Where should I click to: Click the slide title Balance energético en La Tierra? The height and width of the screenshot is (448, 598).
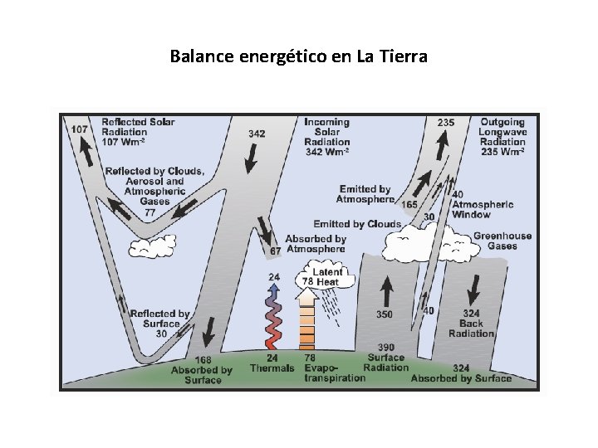point(298,57)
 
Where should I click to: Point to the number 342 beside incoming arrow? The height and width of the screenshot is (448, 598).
point(257,134)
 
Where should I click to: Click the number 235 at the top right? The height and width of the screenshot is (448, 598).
point(446,123)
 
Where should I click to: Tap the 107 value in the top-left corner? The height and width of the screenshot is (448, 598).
point(80,129)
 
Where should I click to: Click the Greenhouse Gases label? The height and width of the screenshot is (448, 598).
point(502,241)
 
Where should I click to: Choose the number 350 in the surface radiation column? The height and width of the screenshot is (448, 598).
point(385,315)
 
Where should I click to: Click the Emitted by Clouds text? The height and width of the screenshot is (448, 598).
point(356,224)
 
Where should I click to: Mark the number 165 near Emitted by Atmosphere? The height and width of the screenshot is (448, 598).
point(409,204)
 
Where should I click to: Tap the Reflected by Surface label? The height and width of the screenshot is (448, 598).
point(159,324)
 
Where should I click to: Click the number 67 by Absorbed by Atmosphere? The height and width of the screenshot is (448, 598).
point(276,251)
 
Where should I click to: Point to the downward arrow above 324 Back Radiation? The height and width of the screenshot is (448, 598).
point(473,288)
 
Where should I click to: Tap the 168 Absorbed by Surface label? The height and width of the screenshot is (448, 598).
point(202,370)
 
